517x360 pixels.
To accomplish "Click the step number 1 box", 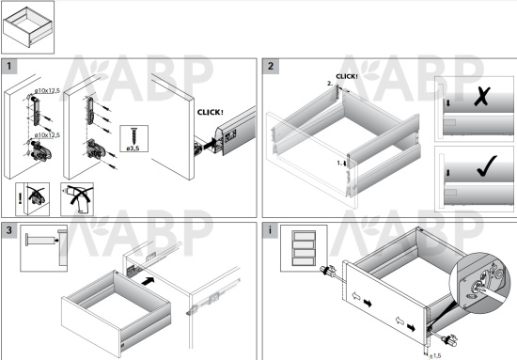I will (9, 67).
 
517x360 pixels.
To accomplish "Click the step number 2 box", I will (271, 67).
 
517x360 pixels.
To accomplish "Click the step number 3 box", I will (9, 230).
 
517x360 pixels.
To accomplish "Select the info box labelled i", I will (271, 230).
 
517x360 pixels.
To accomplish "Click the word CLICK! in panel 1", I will (211, 112).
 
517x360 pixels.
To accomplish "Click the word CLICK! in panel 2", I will (347, 75).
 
